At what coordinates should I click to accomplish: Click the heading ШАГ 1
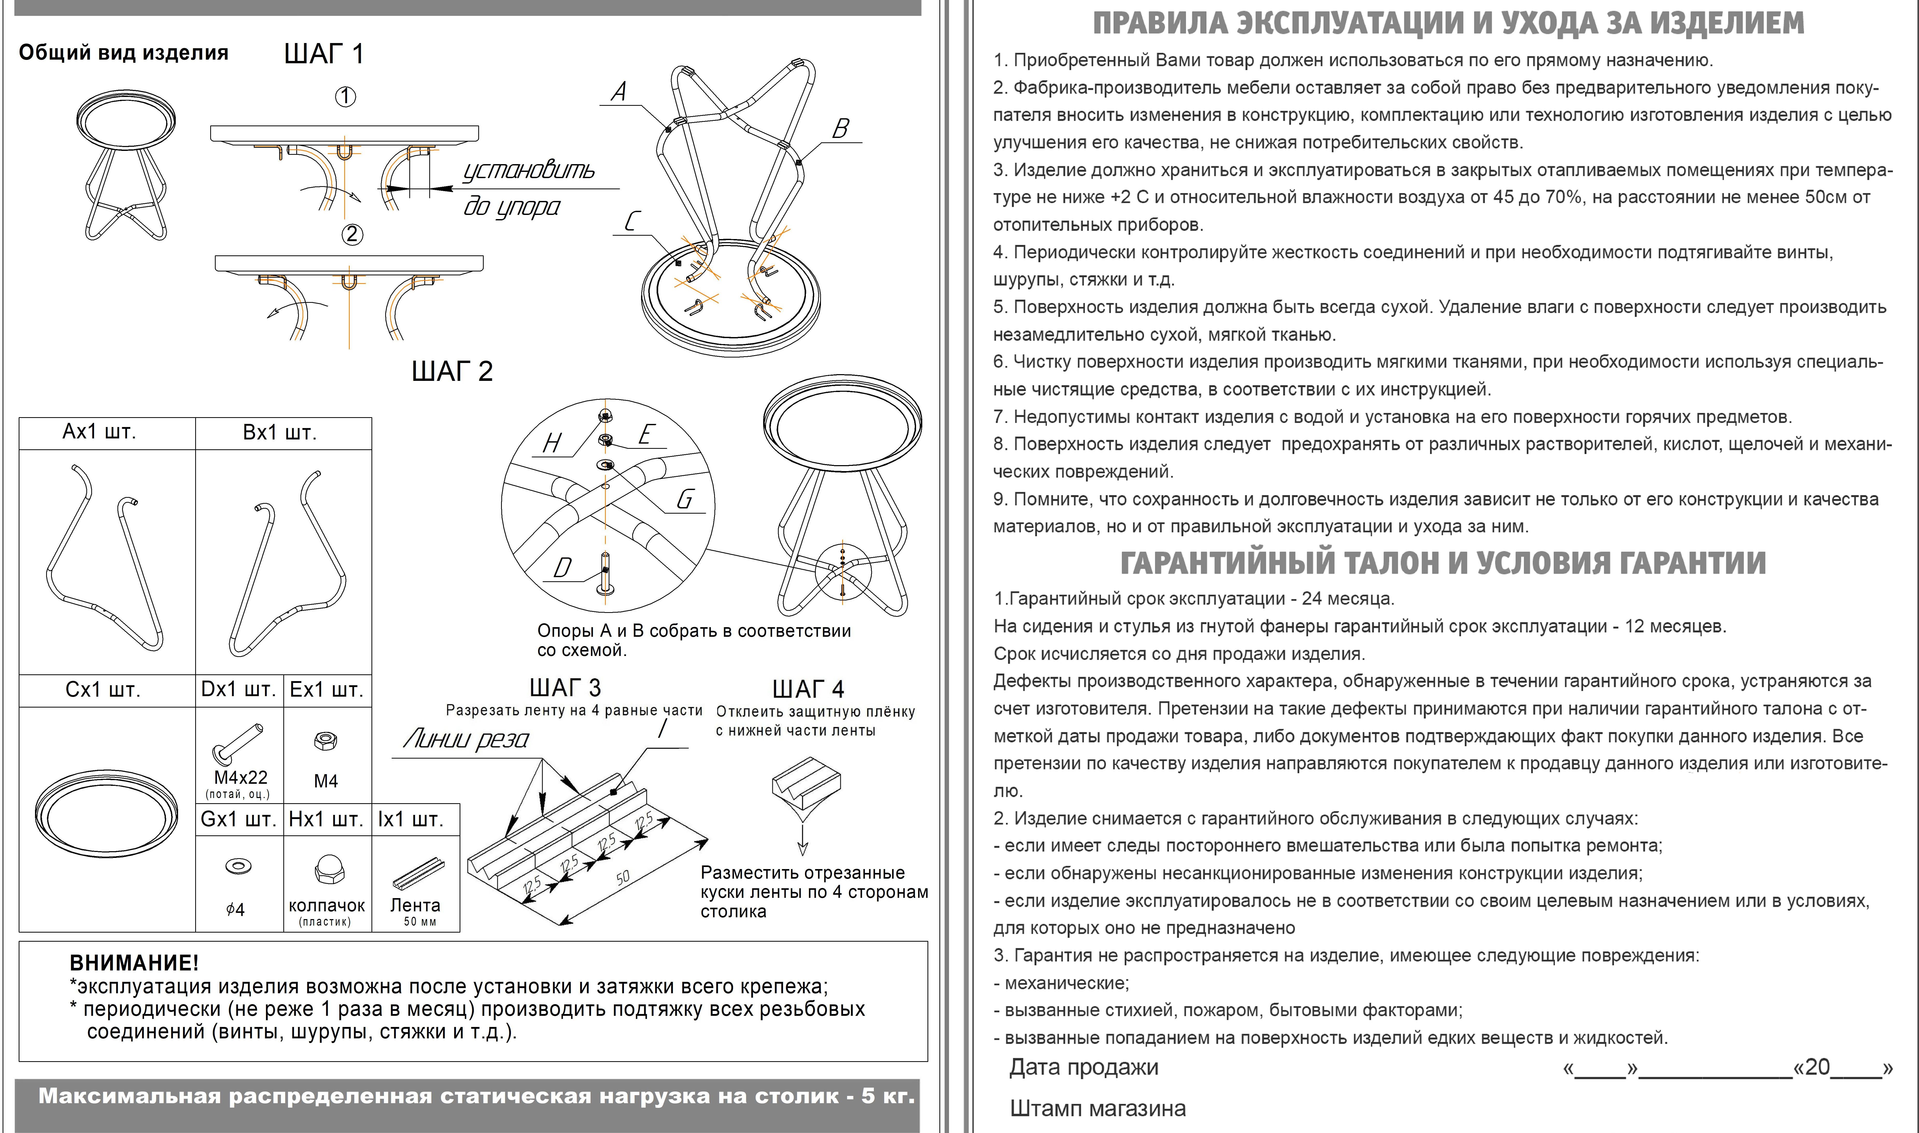pyautogui.click(x=324, y=54)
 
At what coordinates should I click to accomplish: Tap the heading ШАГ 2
pyautogui.click(x=452, y=372)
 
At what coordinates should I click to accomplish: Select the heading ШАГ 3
pyautogui.click(x=565, y=688)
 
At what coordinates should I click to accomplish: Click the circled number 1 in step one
pyautogui.click(x=346, y=97)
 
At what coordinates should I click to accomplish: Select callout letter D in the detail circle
pyautogui.click(x=563, y=568)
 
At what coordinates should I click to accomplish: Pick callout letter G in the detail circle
pyautogui.click(x=685, y=499)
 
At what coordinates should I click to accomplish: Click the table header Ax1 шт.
pyautogui.click(x=99, y=432)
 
